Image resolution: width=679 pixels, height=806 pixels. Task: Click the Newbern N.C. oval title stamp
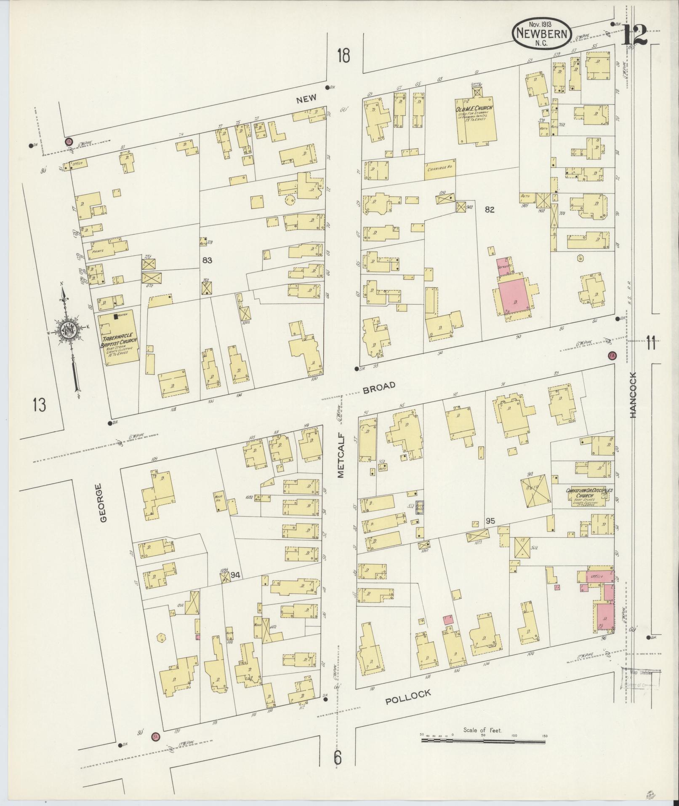point(541,33)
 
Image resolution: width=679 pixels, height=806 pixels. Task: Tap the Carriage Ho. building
point(440,169)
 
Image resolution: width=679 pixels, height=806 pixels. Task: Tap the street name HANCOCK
point(634,394)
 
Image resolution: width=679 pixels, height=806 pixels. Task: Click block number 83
point(207,260)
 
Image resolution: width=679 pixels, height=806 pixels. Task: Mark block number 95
point(490,521)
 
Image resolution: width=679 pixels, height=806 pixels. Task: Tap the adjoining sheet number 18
point(343,55)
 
